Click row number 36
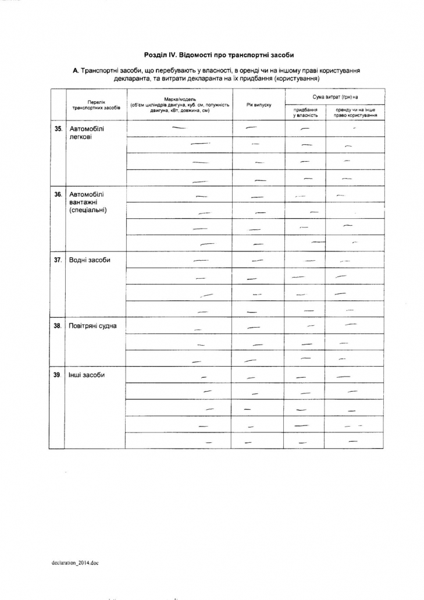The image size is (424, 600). (x=58, y=194)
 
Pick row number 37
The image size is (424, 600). (x=58, y=260)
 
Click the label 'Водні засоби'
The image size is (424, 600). (x=90, y=260)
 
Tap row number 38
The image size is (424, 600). (x=58, y=326)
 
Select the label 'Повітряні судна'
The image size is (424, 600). (x=92, y=326)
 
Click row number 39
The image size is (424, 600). (x=58, y=375)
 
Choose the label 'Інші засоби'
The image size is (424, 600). (x=87, y=375)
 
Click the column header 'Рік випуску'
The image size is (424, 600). (x=259, y=104)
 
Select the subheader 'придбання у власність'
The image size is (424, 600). (x=305, y=112)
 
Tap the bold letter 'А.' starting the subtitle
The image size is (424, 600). (x=76, y=70)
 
